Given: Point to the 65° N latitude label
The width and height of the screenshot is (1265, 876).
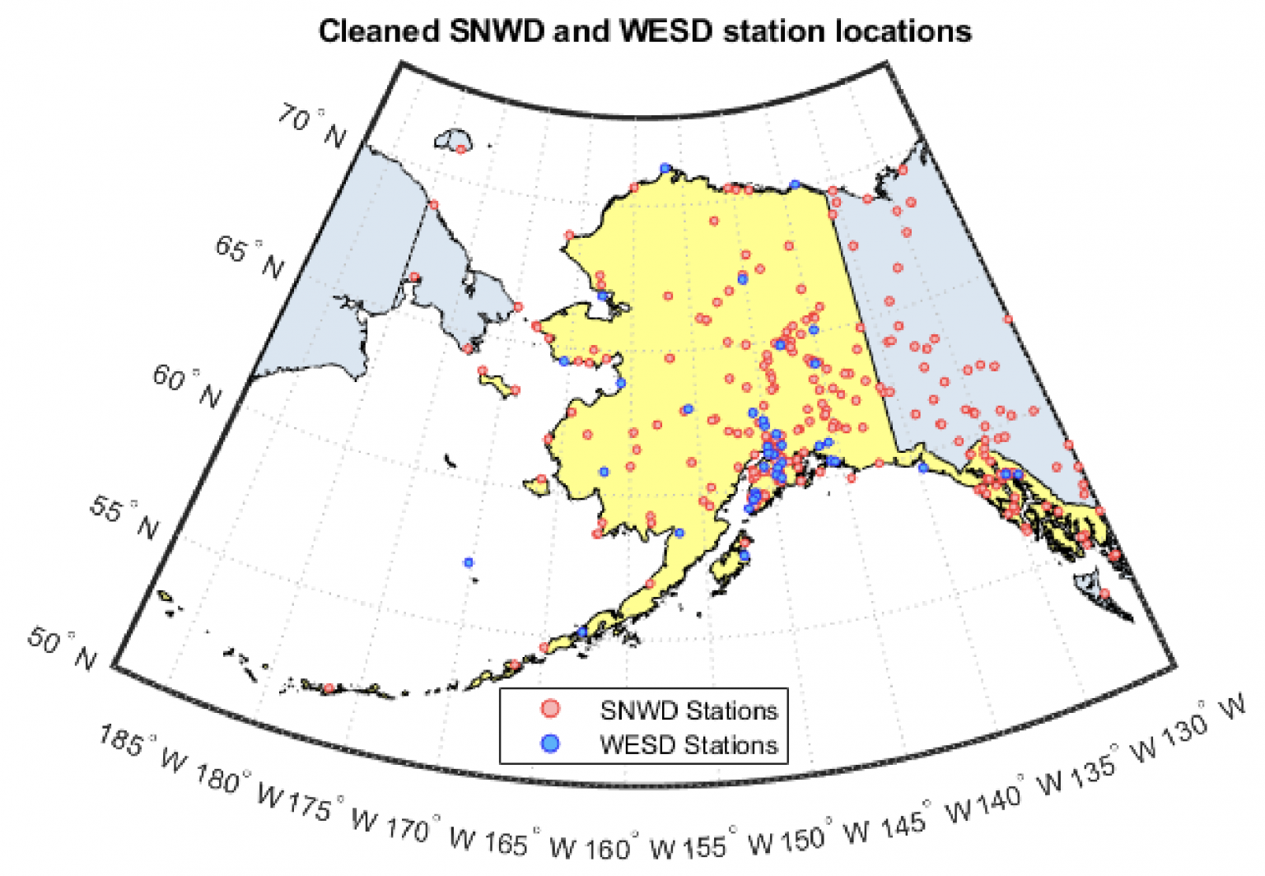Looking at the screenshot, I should point(250,257).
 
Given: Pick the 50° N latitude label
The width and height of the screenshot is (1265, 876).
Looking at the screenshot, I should point(62,648).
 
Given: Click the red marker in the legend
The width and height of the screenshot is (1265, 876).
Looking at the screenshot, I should point(550,709).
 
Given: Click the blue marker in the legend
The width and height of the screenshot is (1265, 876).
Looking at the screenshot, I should point(550,743).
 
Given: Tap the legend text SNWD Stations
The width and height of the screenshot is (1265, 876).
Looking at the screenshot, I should point(688,710).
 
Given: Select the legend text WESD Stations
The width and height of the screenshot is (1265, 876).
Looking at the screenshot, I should point(688,744).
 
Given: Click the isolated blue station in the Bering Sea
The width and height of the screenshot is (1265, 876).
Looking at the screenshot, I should point(469,562).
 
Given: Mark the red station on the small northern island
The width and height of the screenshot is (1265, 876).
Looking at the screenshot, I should point(460,149).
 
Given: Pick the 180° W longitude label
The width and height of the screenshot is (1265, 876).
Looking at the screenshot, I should point(239,785).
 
